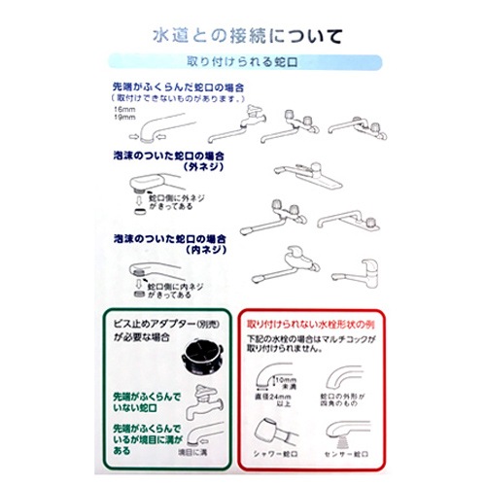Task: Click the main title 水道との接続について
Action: point(247,38)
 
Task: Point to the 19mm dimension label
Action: point(121,120)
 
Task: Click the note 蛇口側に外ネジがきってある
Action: point(180,200)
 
